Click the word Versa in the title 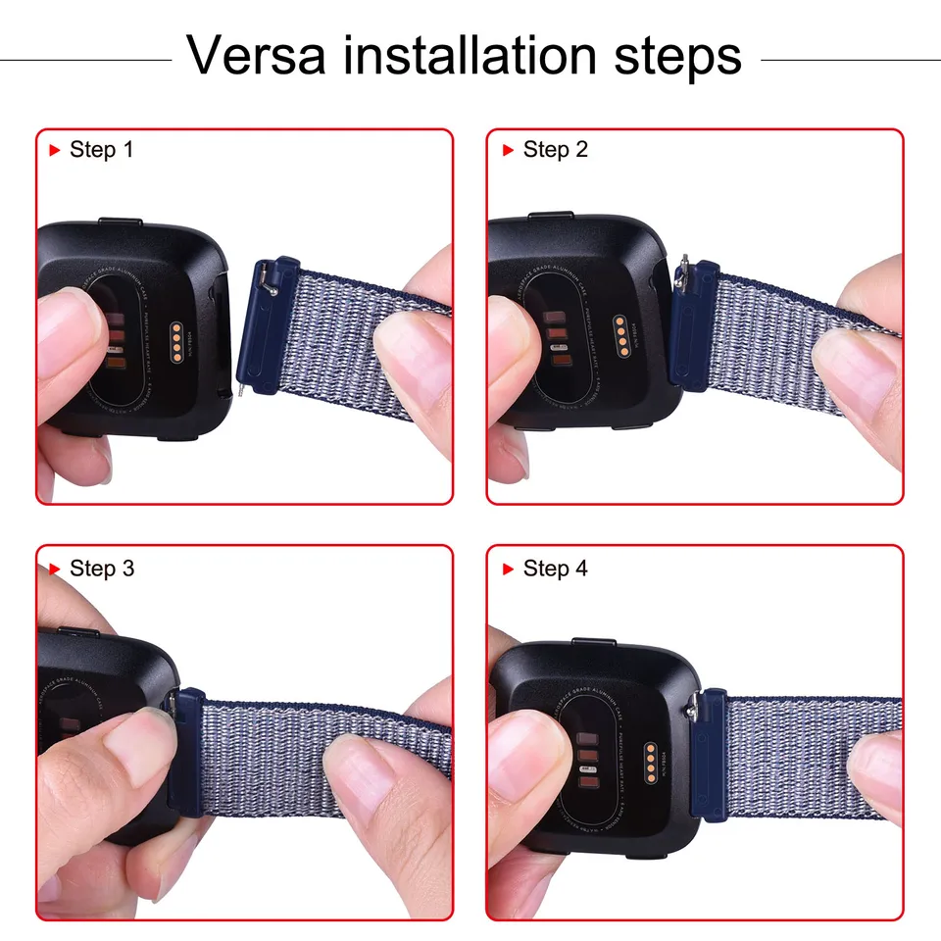(258, 55)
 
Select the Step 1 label (101, 150)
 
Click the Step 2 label (555, 150)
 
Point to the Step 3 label (101, 569)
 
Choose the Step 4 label (555, 569)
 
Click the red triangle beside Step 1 (55, 150)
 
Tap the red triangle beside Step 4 (508, 569)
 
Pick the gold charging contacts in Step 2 (620, 336)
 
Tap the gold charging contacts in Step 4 (647, 759)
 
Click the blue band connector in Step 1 (262, 323)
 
